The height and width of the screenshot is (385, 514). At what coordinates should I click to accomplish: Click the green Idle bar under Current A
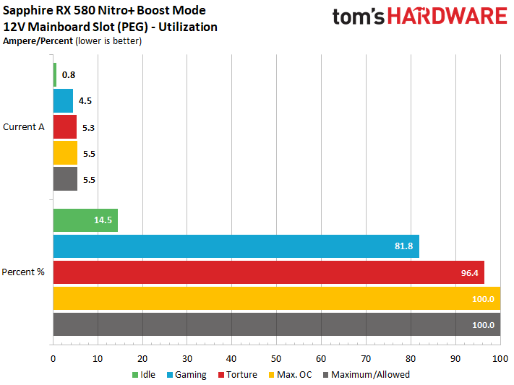pos(55,74)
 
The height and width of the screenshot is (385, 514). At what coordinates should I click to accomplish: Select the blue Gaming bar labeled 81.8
pos(236,246)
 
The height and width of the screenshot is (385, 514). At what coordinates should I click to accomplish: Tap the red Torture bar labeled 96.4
pos(268,272)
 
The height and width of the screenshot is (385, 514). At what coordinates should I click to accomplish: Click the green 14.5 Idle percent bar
pos(85,220)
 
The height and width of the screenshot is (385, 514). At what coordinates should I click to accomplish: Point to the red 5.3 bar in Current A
pos(65,126)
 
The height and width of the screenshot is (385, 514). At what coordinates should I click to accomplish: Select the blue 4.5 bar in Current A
pos(63,100)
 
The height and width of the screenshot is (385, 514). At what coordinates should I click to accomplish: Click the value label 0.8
pos(69,74)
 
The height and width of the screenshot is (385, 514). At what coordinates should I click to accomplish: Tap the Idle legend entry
pos(148,375)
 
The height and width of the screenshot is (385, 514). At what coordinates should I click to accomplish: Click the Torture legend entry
pos(240,375)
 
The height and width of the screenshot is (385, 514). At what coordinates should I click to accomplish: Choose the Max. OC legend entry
pos(294,375)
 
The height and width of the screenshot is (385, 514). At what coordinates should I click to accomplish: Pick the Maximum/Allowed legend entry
pos(369,375)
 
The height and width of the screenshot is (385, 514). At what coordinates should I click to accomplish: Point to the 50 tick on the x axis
pos(276,358)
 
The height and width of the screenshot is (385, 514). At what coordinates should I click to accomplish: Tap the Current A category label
pos(24,126)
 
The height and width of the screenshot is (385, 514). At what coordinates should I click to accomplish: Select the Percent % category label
pos(23,272)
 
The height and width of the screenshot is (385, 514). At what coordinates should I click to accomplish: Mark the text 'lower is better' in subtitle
pos(108,41)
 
